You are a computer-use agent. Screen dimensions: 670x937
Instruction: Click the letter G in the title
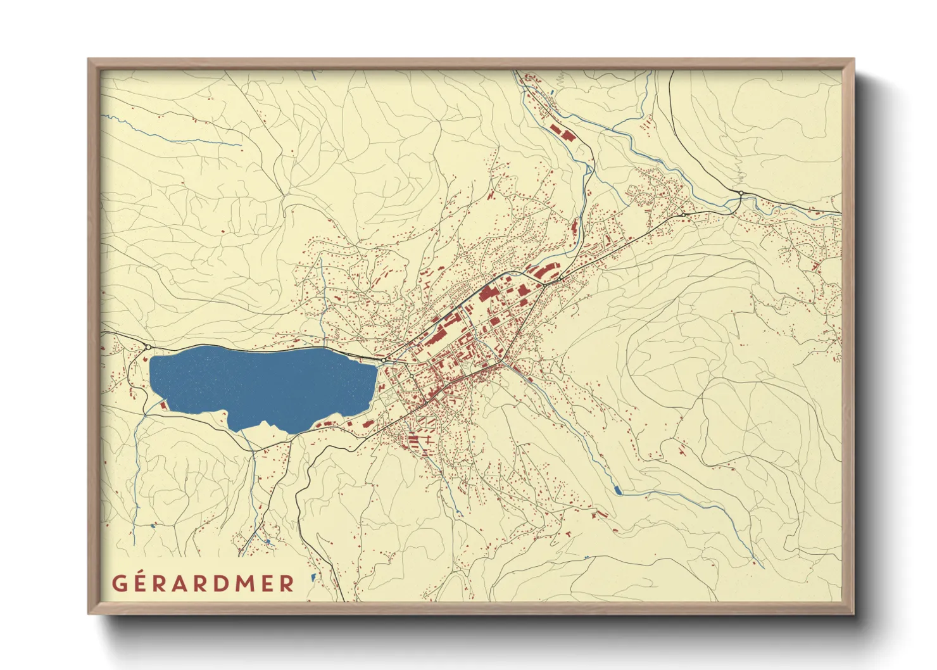tap(120, 583)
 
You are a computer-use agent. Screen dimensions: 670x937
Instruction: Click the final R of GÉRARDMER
tap(287, 583)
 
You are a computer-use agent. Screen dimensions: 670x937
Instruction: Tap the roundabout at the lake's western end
tap(148, 347)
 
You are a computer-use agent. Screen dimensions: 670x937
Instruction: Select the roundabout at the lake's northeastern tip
tap(384, 360)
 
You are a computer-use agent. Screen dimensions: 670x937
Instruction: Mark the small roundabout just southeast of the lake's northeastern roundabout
tap(411, 375)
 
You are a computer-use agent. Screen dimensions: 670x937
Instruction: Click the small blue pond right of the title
tap(313, 577)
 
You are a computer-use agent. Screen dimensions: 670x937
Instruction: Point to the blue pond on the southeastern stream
tap(617, 490)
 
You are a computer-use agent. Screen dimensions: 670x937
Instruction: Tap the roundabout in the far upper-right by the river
tap(740, 193)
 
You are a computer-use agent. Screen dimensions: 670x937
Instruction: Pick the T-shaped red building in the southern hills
tap(568, 534)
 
